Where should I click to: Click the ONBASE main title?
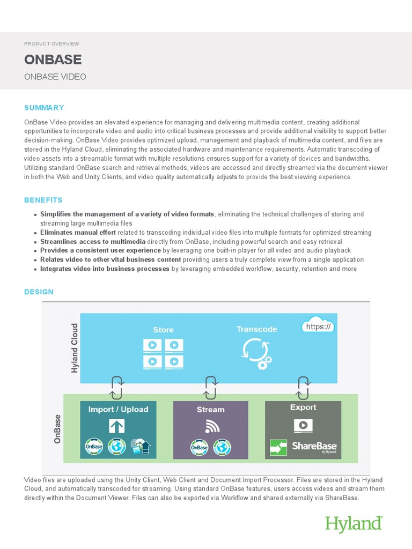click(53, 59)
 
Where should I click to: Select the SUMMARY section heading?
click(44, 108)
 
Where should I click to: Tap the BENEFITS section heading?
click(43, 200)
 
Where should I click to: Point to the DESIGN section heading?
click(39, 292)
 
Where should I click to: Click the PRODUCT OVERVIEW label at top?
click(51, 43)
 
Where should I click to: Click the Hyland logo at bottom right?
click(354, 524)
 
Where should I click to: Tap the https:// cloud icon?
click(319, 327)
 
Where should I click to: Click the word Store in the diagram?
click(163, 330)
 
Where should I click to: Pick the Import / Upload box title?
click(118, 410)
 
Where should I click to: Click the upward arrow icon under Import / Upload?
click(116, 427)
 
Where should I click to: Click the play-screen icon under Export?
click(303, 425)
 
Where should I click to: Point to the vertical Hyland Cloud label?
click(75, 348)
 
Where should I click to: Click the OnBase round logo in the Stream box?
click(199, 447)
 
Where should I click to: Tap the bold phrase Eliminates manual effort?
click(73, 233)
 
